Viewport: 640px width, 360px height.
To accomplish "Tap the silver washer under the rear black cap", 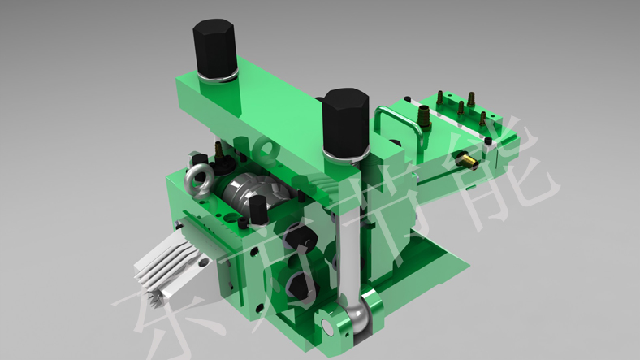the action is coord(216,78).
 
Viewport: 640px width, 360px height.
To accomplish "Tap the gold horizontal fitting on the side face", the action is coord(467,160).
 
